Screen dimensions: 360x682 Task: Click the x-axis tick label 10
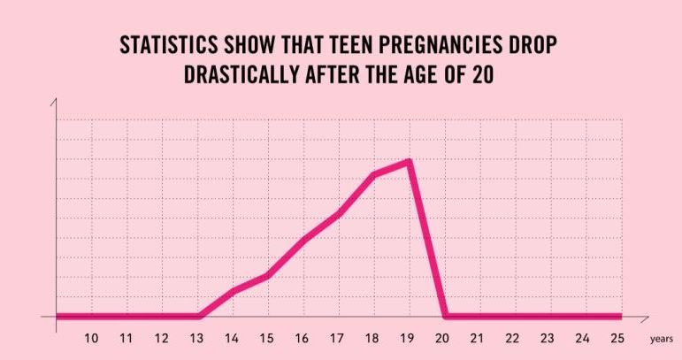pos(91,338)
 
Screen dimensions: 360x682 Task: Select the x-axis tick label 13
pos(196,338)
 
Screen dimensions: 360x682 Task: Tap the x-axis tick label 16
pos(302,338)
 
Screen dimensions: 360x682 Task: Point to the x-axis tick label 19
pos(407,338)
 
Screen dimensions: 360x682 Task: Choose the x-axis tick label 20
pos(442,338)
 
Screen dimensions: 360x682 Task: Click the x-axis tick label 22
pos(512,338)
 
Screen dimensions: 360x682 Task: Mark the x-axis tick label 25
pos(617,338)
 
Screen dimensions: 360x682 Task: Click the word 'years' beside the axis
pos(661,339)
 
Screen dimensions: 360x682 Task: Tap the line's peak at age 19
pos(410,161)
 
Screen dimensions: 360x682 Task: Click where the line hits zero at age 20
pos(444,316)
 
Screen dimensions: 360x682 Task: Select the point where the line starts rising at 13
pos(199,316)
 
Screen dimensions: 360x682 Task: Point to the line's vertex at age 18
pos(374,174)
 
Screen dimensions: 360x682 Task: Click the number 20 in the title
pos(483,73)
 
